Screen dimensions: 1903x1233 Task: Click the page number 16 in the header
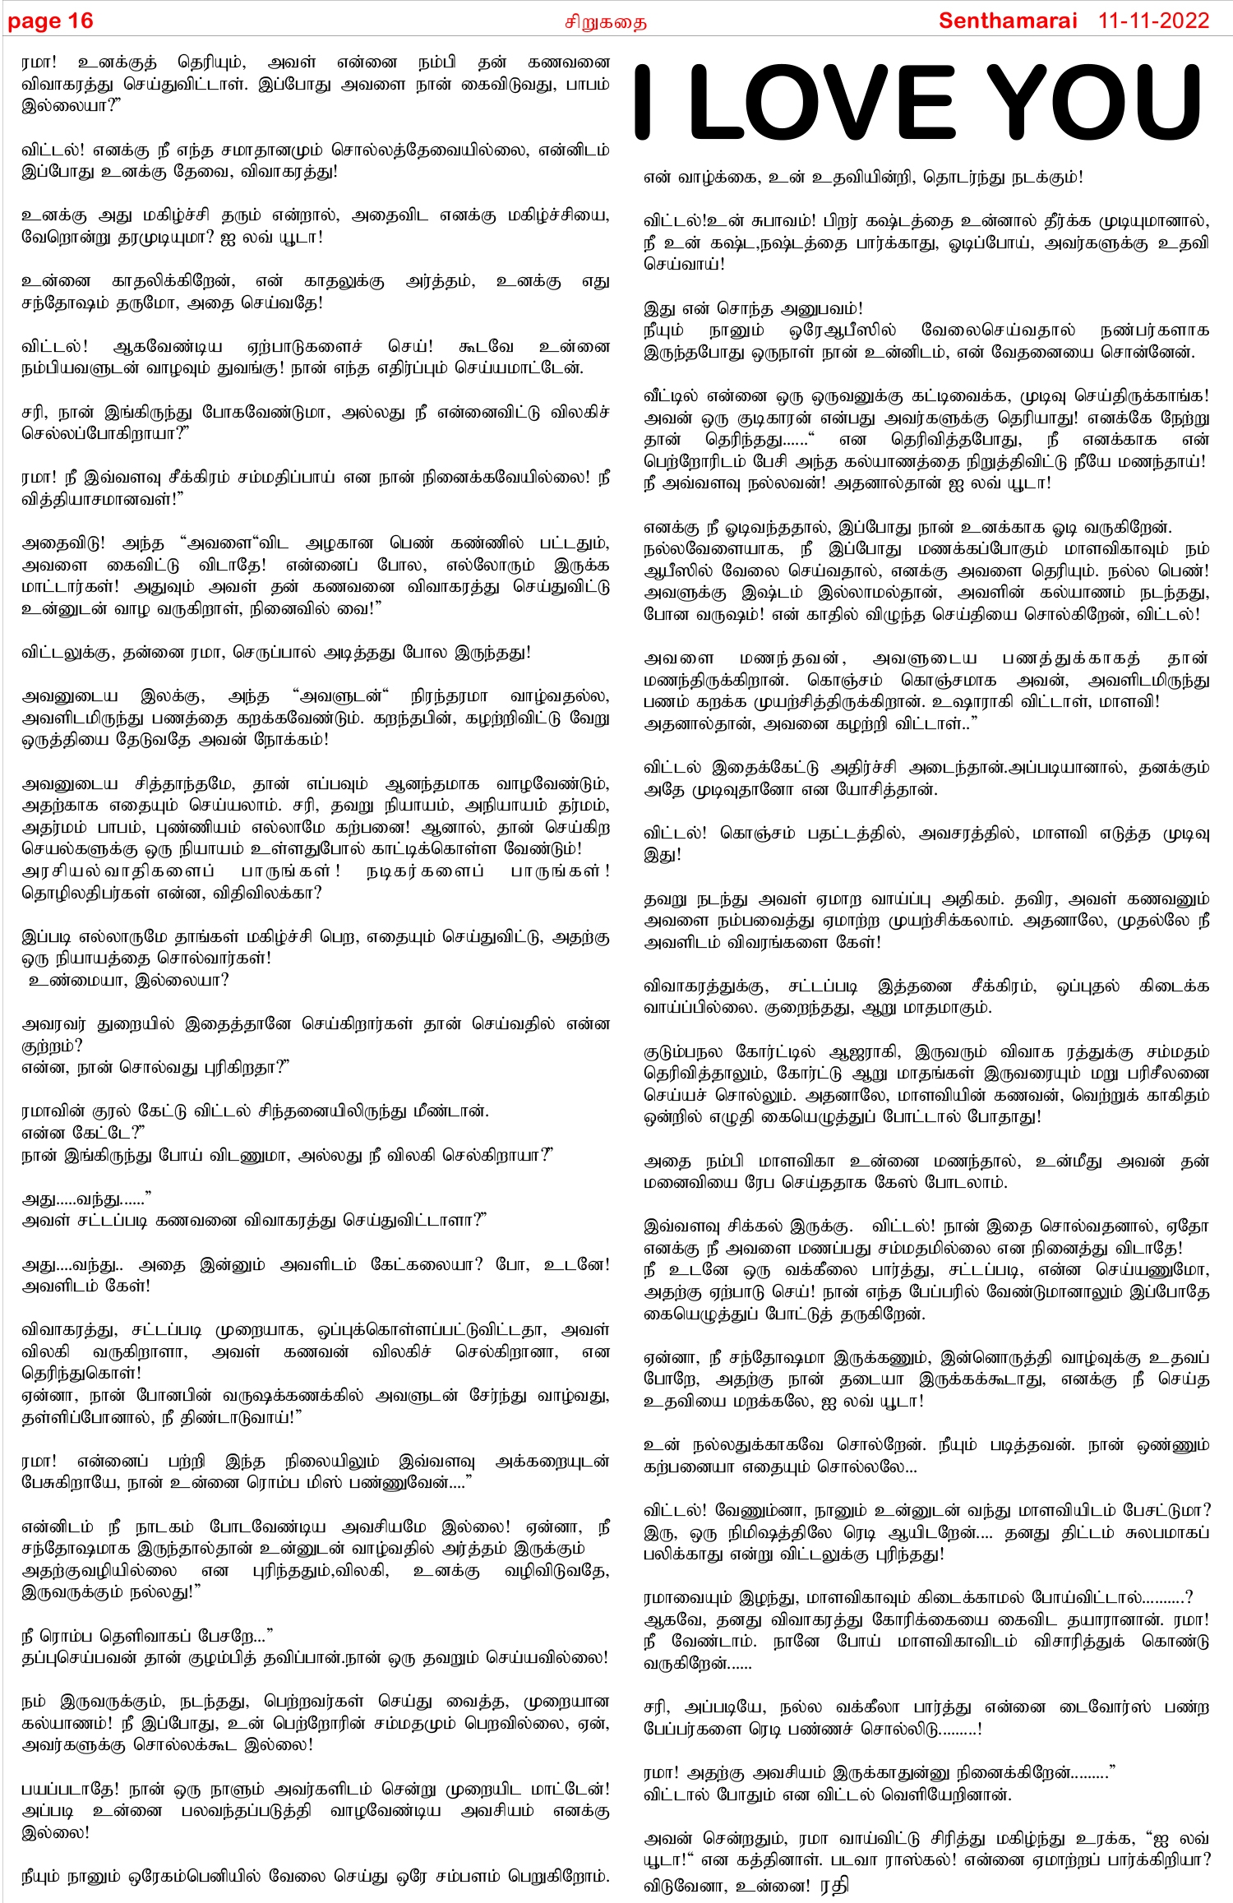(81, 21)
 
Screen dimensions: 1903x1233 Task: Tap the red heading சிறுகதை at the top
(605, 22)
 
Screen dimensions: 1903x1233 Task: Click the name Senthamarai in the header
(1007, 21)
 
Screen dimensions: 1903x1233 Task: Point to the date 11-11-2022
(1153, 21)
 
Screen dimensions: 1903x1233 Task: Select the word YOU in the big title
(1094, 104)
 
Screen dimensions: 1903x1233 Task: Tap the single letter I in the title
(643, 104)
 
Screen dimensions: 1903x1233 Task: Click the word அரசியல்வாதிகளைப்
(118, 871)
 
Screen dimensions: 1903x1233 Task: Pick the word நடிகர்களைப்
(424, 871)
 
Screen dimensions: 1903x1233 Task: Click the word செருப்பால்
(275, 653)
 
